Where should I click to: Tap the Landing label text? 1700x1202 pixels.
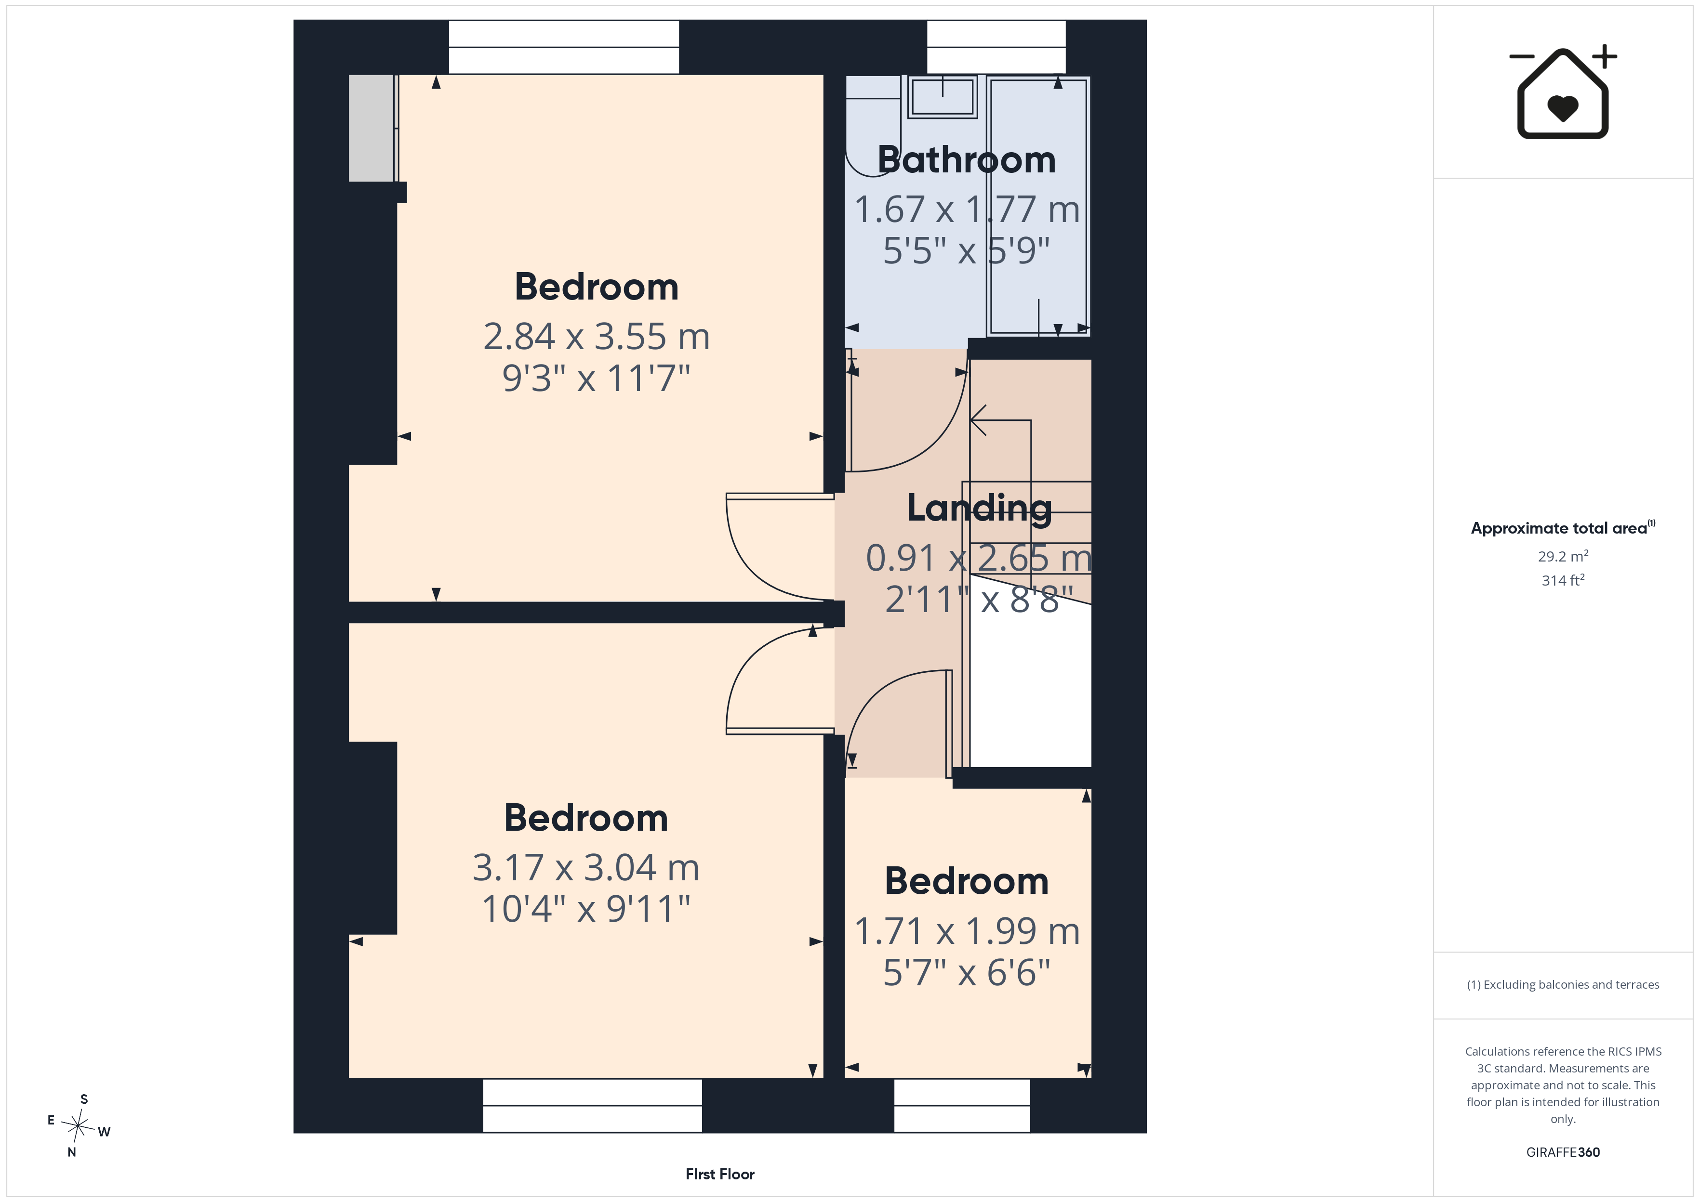pyautogui.click(x=980, y=509)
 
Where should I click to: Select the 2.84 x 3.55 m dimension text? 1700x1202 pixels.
pyautogui.click(x=597, y=336)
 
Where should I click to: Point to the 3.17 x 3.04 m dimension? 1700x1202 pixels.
pyautogui.click(x=585, y=867)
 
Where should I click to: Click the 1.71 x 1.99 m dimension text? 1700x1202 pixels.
pyautogui.click(x=967, y=931)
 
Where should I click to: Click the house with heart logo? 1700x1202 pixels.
pyautogui.click(x=1563, y=92)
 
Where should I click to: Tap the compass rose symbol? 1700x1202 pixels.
pyautogui.click(x=78, y=1126)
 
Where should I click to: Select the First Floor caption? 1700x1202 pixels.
pyautogui.click(x=720, y=1175)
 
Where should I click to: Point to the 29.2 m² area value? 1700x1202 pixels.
pyautogui.click(x=1563, y=556)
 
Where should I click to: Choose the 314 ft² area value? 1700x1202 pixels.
pyautogui.click(x=1563, y=580)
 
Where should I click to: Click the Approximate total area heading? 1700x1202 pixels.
pyautogui.click(x=1563, y=528)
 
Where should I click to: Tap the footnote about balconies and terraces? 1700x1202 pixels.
pyautogui.click(x=1563, y=984)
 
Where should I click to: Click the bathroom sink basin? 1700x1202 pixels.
pyautogui.click(x=943, y=97)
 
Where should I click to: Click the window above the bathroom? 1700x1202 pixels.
pyautogui.click(x=996, y=47)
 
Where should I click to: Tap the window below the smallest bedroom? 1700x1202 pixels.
pyautogui.click(x=962, y=1105)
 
